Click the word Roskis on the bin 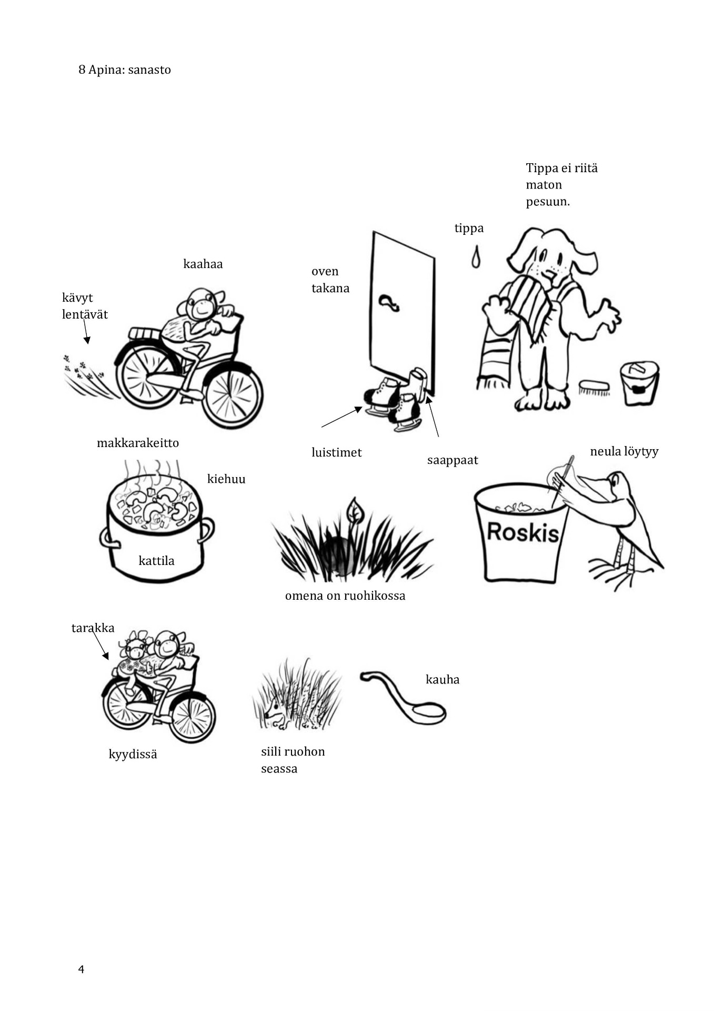tap(522, 532)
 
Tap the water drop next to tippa tap(476, 256)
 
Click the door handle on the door tap(389, 302)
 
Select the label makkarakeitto tap(138, 443)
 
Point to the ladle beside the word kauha tap(404, 697)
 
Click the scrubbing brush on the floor tap(594, 388)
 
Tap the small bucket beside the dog tap(639, 383)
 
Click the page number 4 tap(81, 969)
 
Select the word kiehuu tap(226, 479)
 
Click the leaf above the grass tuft tap(356, 510)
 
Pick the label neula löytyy tap(624, 451)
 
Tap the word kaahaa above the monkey tap(203, 264)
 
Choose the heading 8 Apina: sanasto tap(125, 70)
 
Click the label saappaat tap(452, 460)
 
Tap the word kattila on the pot tap(156, 561)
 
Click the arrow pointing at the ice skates tap(342, 417)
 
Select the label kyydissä tap(133, 755)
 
